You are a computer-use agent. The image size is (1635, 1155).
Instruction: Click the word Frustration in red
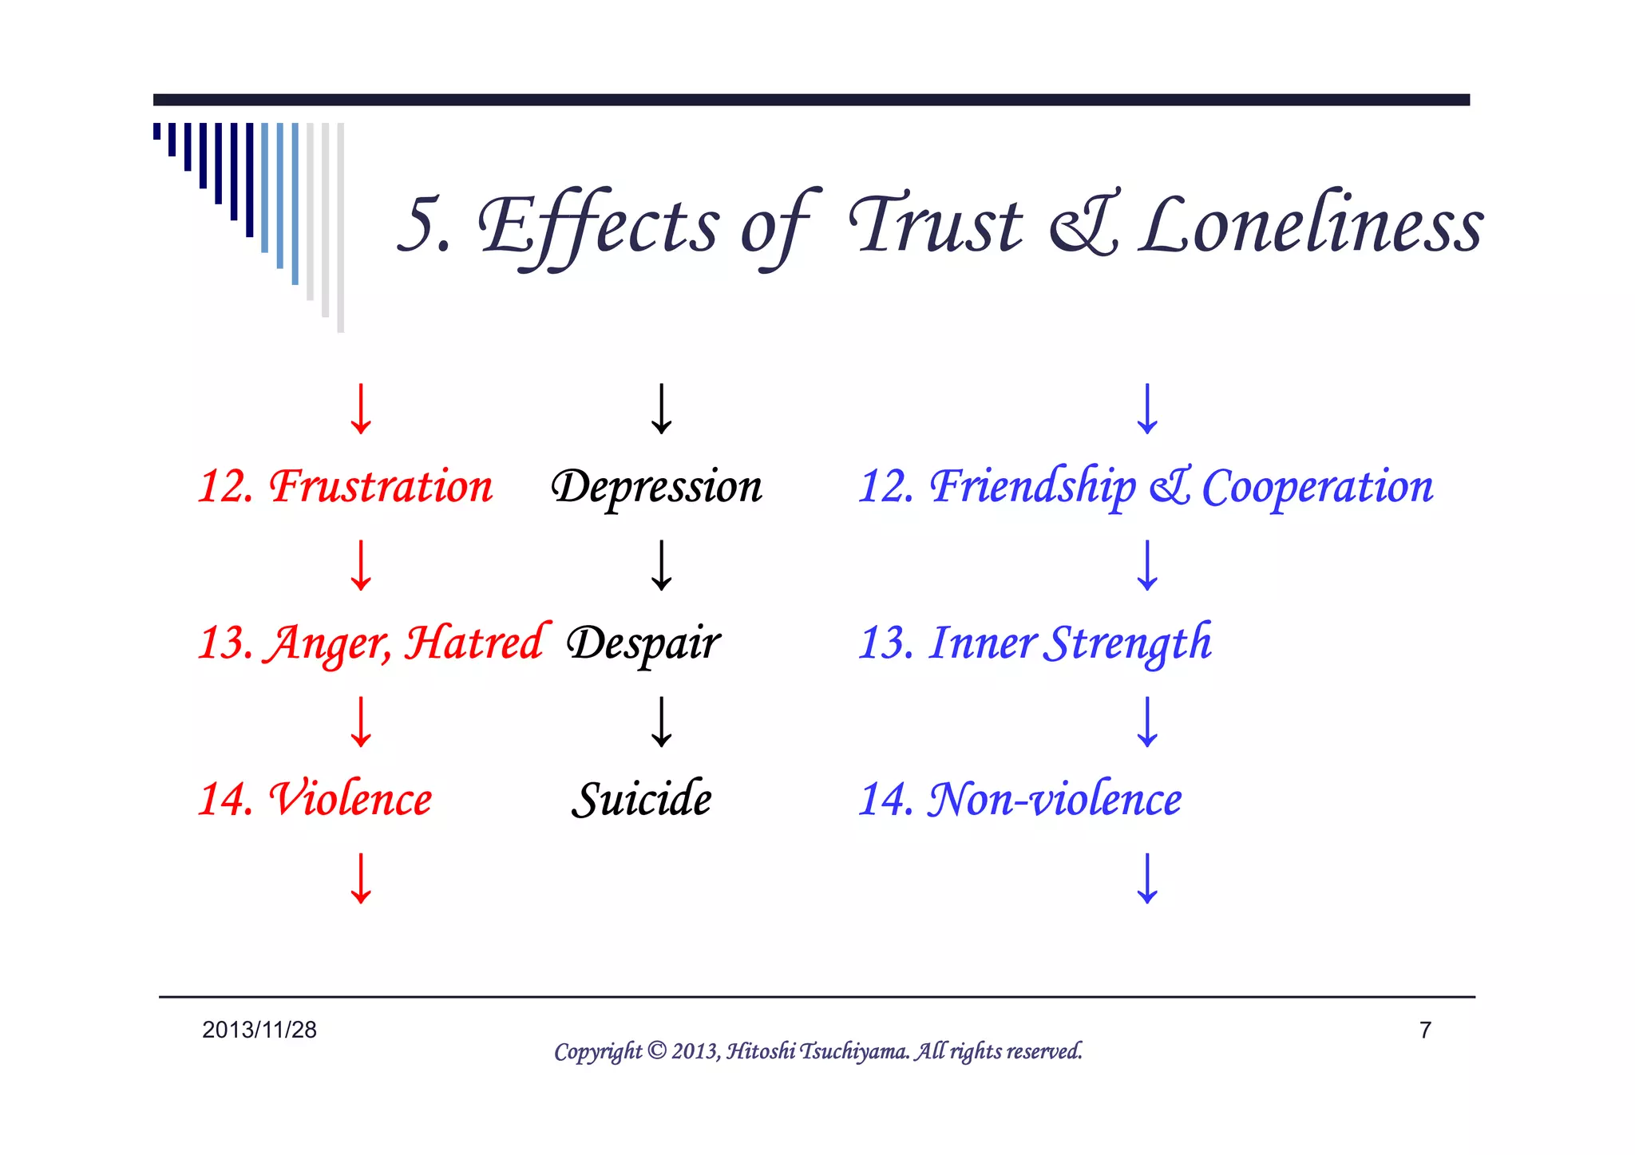(x=381, y=486)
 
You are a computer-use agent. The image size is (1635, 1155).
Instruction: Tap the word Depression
(x=656, y=487)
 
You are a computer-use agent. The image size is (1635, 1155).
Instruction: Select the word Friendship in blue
(x=1033, y=486)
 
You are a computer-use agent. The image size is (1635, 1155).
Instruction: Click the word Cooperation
(x=1317, y=487)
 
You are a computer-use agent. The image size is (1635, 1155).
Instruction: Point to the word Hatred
(x=476, y=643)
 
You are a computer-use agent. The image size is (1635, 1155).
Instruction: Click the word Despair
(x=643, y=643)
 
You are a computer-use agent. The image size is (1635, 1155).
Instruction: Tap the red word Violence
(x=351, y=799)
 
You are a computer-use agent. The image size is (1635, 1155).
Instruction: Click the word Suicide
(x=641, y=799)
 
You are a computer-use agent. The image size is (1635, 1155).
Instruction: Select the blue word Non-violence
(x=1054, y=799)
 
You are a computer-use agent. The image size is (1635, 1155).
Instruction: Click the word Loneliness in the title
(x=1311, y=225)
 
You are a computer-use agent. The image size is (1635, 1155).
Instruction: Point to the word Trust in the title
(x=936, y=225)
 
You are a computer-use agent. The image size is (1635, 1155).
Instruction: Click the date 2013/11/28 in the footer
(x=259, y=1030)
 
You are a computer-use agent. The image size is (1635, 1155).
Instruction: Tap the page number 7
(x=1425, y=1030)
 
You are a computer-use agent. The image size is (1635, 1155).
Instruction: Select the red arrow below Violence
(x=361, y=878)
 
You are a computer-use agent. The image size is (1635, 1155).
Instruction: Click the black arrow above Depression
(x=661, y=409)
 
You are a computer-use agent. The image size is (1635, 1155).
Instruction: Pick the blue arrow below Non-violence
(x=1147, y=878)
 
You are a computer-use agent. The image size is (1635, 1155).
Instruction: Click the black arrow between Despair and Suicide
(x=661, y=722)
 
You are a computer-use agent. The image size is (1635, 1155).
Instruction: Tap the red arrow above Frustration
(x=361, y=409)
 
